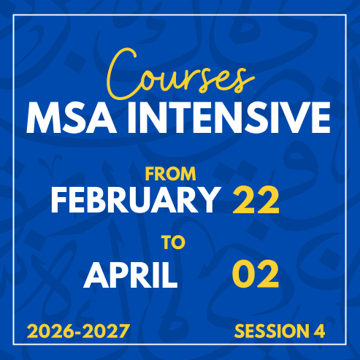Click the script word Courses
tap(180, 74)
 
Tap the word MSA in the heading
tap(72, 118)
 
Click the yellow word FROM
tap(171, 174)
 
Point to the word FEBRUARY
tap(135, 199)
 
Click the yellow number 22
tap(256, 200)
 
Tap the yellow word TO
tap(174, 242)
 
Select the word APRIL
tap(131, 275)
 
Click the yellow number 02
tap(256, 274)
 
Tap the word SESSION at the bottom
tap(270, 331)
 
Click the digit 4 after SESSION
tap(319, 331)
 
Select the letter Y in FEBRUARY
tap(207, 200)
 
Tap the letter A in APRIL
tap(96, 275)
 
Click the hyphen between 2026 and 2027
tap(78, 332)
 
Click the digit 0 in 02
tap(244, 274)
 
